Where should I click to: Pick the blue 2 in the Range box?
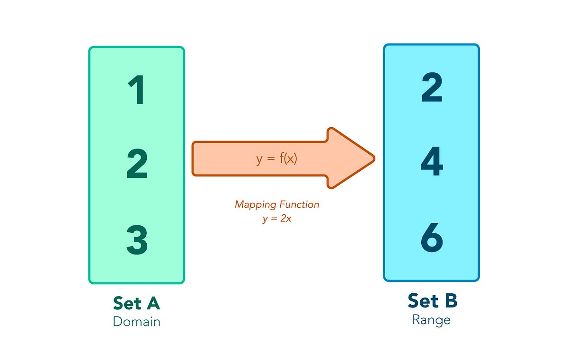[432, 88]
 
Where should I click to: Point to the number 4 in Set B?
[432, 162]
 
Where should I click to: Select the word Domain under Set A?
[136, 322]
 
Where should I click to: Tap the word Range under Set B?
[431, 320]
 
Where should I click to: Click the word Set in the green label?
[126, 303]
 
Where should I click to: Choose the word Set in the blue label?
[421, 301]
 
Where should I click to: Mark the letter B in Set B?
[450, 301]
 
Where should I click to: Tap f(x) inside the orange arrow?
[287, 159]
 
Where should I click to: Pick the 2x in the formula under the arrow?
[285, 219]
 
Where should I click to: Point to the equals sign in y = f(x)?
[270, 159]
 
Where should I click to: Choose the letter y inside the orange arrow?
[259, 160]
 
